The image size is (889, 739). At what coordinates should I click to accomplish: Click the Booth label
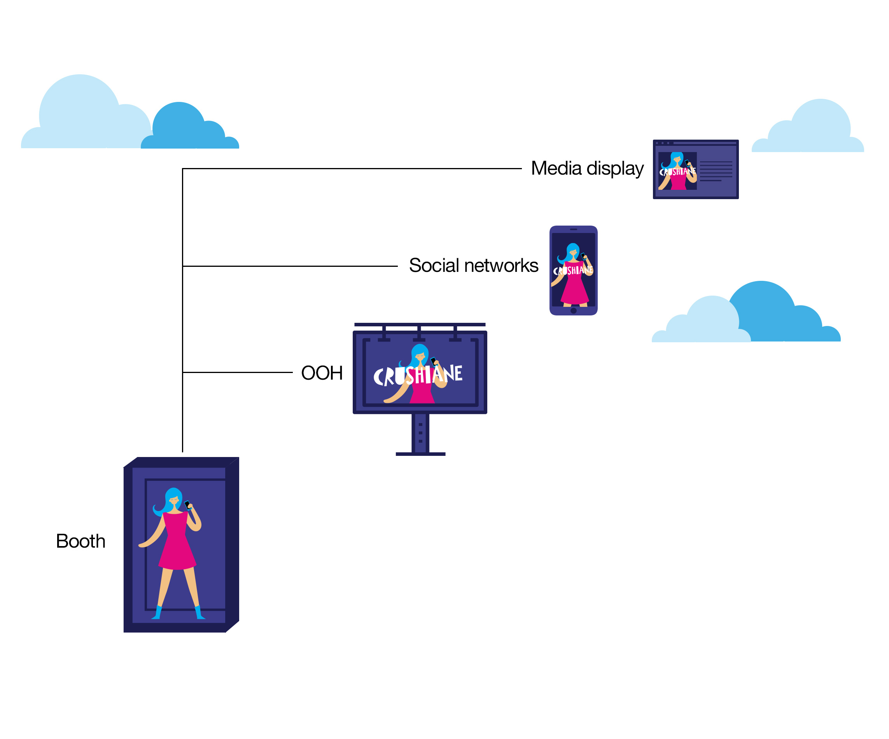80,541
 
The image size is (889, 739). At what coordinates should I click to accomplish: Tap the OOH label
322,373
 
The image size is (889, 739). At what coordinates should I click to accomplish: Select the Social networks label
473,266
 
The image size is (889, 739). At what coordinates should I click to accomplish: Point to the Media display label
587,168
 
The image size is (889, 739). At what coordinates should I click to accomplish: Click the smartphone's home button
573,310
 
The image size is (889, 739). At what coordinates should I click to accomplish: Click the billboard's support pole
420,433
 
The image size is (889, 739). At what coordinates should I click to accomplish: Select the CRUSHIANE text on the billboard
418,375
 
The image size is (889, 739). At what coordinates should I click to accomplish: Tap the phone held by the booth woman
187,505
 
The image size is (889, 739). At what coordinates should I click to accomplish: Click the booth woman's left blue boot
157,612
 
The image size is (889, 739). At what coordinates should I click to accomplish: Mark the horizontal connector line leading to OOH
238,372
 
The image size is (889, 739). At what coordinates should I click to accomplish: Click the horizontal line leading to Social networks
290,266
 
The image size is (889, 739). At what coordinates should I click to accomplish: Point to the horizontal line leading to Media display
352,168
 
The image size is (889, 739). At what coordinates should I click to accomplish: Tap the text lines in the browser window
716,171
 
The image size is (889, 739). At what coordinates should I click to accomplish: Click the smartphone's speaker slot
573,229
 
